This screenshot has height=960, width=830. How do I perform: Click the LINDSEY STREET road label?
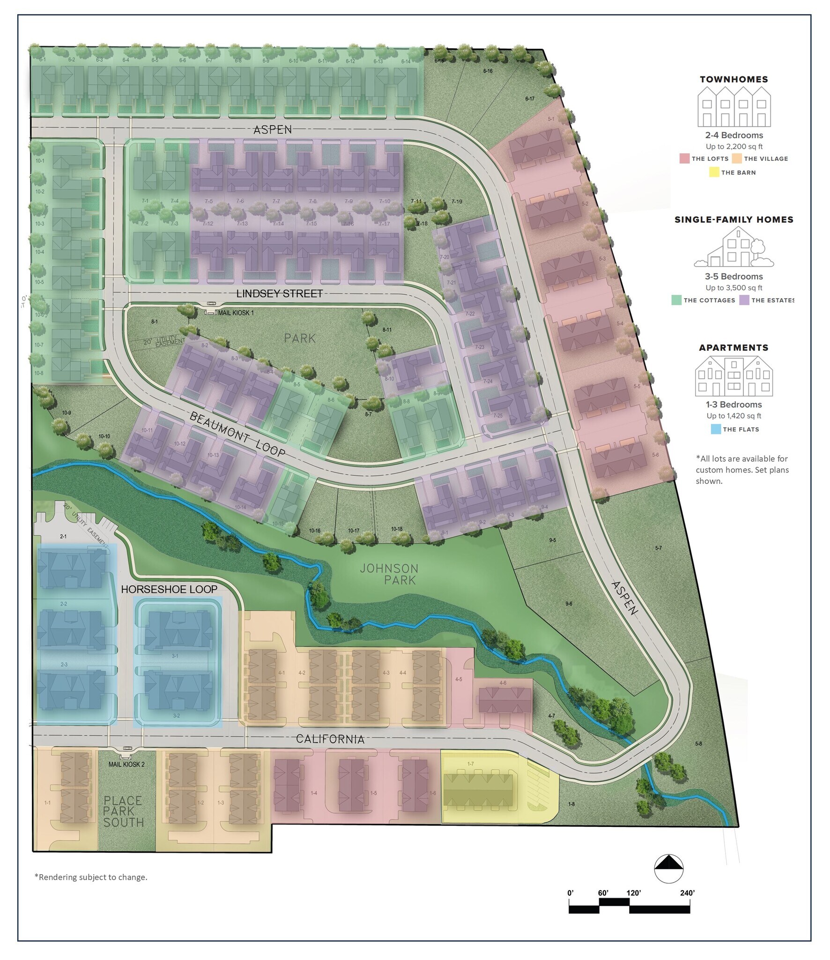pos(280,293)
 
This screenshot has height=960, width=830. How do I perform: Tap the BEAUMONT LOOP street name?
pos(237,434)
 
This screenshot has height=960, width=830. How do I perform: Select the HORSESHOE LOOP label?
pos(169,589)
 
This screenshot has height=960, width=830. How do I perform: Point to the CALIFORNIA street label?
pos(330,739)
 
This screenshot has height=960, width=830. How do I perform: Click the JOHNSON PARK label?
pos(389,574)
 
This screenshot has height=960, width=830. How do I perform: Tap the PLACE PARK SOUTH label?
pos(123,811)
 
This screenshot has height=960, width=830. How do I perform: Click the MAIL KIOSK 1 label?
pos(236,313)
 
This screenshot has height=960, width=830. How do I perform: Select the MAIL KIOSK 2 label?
pos(126,765)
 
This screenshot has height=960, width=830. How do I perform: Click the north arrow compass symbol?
pos(668,869)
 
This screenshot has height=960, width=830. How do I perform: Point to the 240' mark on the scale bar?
pos(687,893)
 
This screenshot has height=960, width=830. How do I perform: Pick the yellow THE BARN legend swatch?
pos(714,172)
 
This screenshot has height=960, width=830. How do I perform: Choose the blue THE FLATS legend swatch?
pos(715,429)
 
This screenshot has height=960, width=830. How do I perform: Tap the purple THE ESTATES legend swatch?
pos(744,300)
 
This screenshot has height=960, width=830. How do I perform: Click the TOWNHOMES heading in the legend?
pos(734,80)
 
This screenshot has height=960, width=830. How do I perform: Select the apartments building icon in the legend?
pos(734,376)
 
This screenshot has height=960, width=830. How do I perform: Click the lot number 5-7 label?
pos(659,548)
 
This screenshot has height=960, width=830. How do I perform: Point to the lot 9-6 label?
pos(569,604)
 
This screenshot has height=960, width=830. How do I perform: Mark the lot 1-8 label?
pos(571,804)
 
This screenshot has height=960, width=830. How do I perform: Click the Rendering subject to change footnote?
pos(91,877)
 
